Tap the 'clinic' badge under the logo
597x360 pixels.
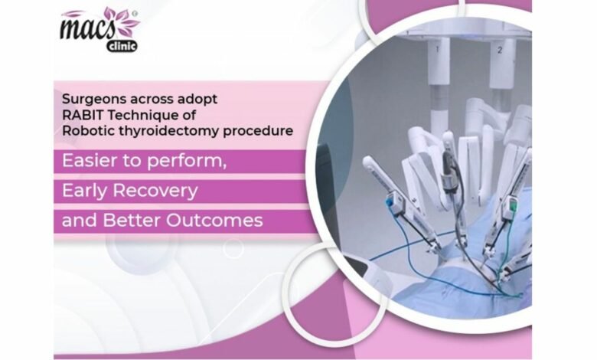(122, 47)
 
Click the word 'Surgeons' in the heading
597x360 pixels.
(93, 99)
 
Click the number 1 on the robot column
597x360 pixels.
(437, 49)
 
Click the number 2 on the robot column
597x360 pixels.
(500, 50)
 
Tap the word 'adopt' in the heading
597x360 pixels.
(197, 100)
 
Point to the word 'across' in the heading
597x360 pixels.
(152, 100)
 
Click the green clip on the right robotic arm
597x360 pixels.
(513, 206)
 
